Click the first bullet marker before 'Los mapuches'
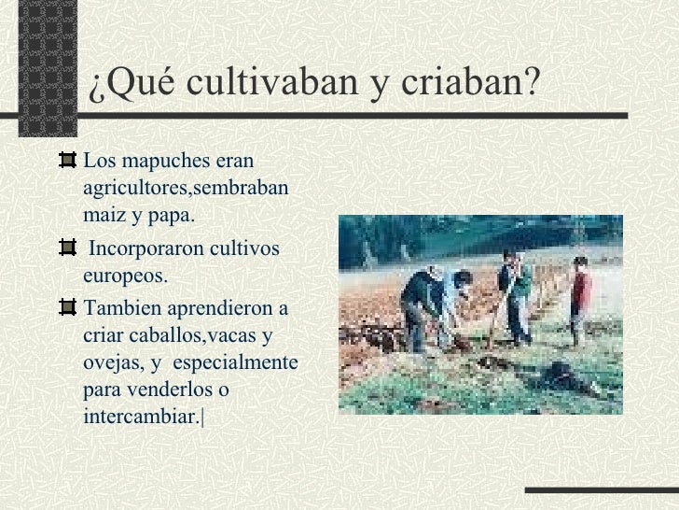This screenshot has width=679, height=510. [x=67, y=161]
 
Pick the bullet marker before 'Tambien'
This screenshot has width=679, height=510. [x=67, y=307]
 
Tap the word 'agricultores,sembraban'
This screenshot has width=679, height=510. [x=186, y=189]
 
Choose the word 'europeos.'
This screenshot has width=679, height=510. [x=126, y=277]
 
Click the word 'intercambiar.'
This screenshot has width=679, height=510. [x=141, y=416]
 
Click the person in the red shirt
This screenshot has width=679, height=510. [x=580, y=297]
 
